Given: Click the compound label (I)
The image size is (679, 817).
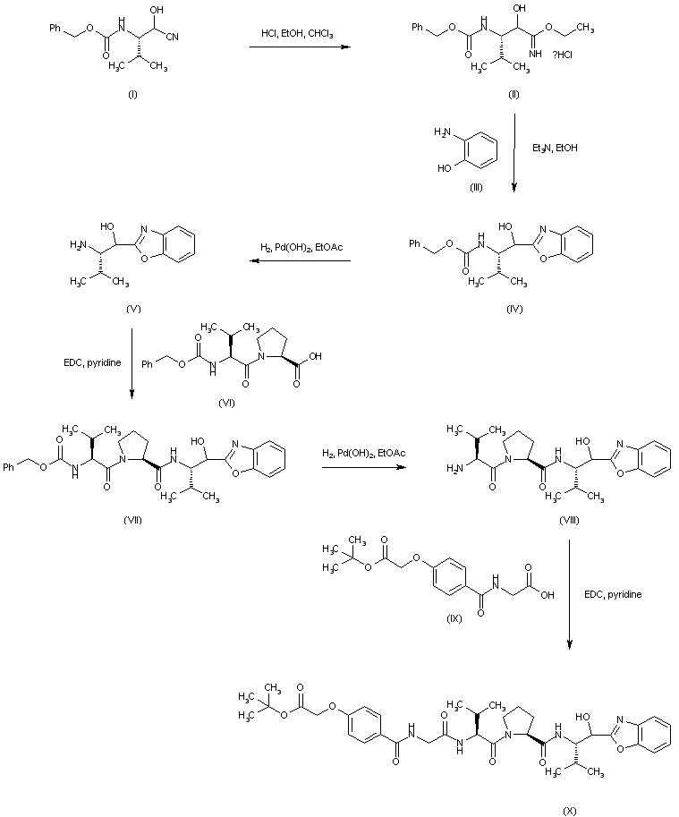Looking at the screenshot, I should click(133, 93).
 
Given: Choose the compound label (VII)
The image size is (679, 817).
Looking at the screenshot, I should click(133, 521).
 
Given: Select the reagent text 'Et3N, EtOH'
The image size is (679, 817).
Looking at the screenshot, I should click(555, 148).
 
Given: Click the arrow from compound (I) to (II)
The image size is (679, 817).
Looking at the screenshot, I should click(299, 47).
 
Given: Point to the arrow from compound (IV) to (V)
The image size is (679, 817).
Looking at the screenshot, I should click(299, 261).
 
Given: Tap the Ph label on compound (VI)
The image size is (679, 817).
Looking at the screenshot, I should click(149, 364).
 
